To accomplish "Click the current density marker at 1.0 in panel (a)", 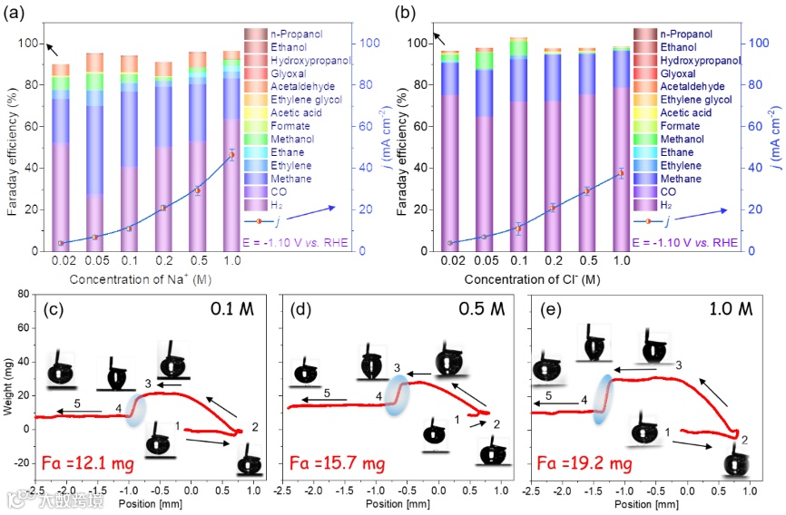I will (231, 155).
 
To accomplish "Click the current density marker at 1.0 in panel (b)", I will (621, 172).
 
